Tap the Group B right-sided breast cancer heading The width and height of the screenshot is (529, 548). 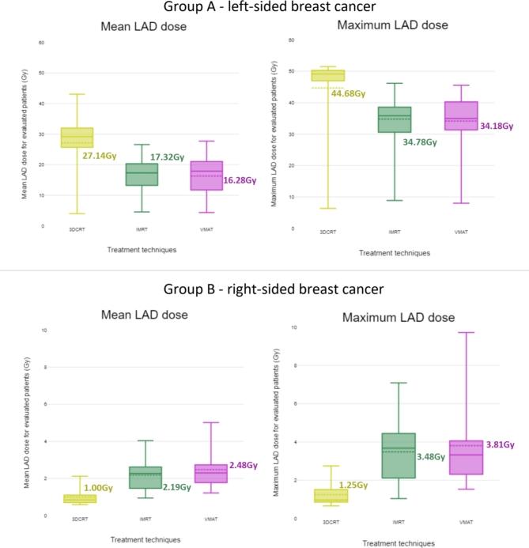tap(265, 289)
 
